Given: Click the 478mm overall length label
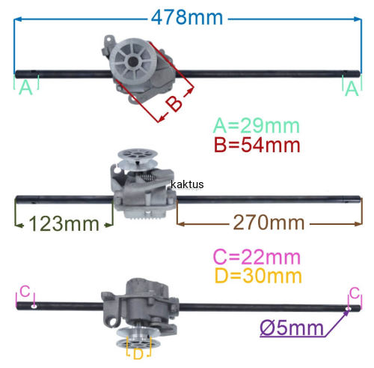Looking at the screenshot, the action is click(187, 17).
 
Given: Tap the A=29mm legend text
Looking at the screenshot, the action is click(257, 125).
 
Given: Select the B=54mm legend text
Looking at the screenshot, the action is click(257, 145).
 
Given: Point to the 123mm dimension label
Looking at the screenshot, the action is click(64, 223).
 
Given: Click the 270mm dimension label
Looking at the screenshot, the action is click(269, 223).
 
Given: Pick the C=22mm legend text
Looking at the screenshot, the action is click(257, 257).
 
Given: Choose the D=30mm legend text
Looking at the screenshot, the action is click(258, 276).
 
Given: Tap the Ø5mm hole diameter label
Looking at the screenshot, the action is click(292, 328).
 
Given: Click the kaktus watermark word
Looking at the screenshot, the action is click(187, 184).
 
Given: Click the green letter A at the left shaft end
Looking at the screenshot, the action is click(26, 88).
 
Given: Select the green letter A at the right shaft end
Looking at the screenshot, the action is click(352, 88).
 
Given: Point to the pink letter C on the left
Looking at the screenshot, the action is click(25, 292).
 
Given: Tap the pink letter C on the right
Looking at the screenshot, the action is click(355, 293).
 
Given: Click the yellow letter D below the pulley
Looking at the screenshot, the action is click(138, 354).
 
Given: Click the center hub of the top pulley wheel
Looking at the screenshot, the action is click(133, 61).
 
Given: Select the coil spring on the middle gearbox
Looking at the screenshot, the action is click(147, 178).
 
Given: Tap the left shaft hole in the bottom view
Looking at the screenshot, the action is click(34, 307).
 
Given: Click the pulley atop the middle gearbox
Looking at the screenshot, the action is click(137, 158).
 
